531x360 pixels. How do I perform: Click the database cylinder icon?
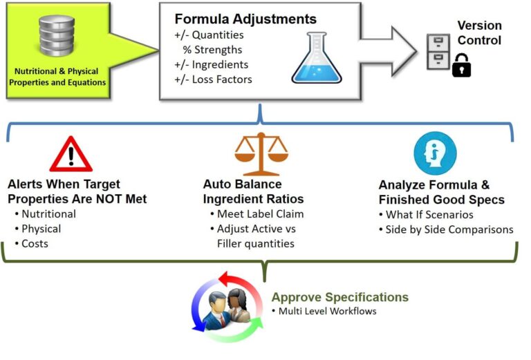57,36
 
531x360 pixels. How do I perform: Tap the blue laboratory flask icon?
317,58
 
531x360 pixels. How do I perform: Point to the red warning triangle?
71,153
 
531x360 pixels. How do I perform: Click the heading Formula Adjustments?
245,19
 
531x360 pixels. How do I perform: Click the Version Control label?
479,32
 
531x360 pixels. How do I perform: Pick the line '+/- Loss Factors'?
213,79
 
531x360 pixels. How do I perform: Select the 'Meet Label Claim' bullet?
260,214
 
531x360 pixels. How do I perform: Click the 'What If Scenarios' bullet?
429,215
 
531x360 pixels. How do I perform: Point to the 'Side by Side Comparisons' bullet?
449,229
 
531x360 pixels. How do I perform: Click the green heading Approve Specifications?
339,298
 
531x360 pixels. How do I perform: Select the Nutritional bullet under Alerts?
48,214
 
